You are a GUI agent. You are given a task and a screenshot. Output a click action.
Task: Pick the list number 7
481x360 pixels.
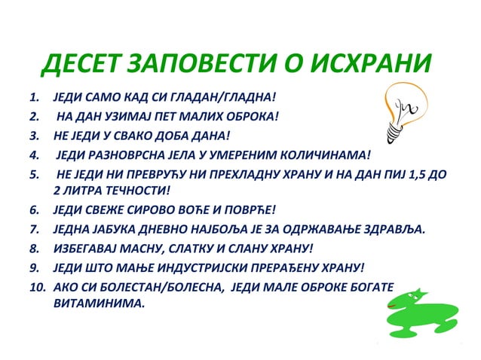[x=32, y=229]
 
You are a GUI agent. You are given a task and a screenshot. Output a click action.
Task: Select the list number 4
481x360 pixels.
[x=32, y=156]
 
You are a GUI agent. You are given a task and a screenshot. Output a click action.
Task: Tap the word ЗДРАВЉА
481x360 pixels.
[x=394, y=229]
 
